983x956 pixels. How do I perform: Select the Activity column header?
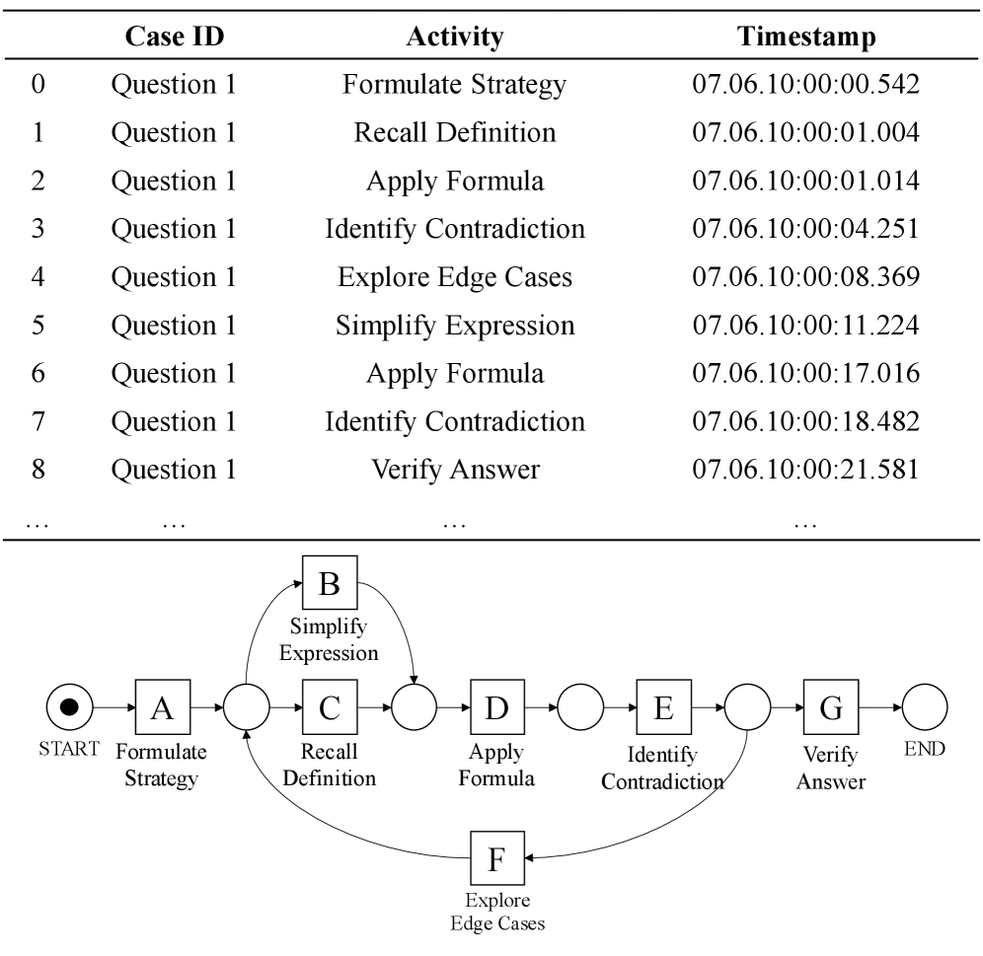pyautogui.click(x=454, y=37)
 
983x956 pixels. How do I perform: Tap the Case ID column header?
pyautogui.click(x=174, y=37)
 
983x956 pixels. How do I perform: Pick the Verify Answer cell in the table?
pyautogui.click(x=454, y=470)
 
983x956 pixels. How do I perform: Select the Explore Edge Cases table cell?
pyautogui.click(x=454, y=278)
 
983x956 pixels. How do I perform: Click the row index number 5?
pyautogui.click(x=38, y=326)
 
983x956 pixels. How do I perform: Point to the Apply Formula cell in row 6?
pyautogui.click(x=454, y=374)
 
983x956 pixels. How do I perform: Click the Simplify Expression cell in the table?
pyautogui.click(x=454, y=326)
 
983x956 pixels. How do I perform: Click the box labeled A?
pyautogui.click(x=162, y=707)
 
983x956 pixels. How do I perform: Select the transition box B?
pyautogui.click(x=330, y=583)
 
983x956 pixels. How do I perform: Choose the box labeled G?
pyautogui.click(x=830, y=707)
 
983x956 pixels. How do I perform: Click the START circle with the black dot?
pyautogui.click(x=70, y=707)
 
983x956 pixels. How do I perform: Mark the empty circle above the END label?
pyautogui.click(x=924, y=707)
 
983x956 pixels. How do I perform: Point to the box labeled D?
pyautogui.click(x=496, y=707)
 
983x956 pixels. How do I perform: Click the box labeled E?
pyautogui.click(x=663, y=707)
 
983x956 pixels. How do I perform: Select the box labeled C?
pyautogui.click(x=330, y=707)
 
